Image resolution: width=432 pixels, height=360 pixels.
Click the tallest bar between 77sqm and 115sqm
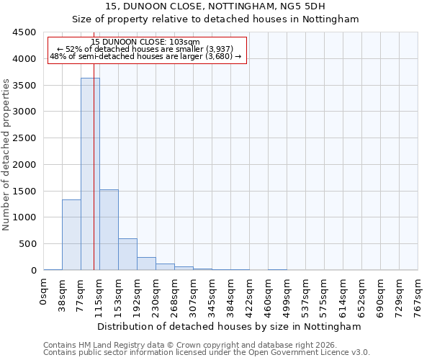pos(90,174)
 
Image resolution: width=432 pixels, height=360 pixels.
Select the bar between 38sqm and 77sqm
pos(71,235)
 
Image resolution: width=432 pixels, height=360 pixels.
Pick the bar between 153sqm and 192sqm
pos(127,254)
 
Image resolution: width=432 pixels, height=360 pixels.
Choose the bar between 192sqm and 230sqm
pos(146,264)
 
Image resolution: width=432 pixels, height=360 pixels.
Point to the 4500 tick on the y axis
pos(25,32)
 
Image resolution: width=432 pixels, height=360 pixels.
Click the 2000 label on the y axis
pos(25,165)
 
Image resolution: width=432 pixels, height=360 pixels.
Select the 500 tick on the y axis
pos(28,244)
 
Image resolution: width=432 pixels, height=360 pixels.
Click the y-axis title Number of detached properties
pos(6,156)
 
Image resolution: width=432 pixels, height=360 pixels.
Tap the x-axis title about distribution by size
pos(228,326)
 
